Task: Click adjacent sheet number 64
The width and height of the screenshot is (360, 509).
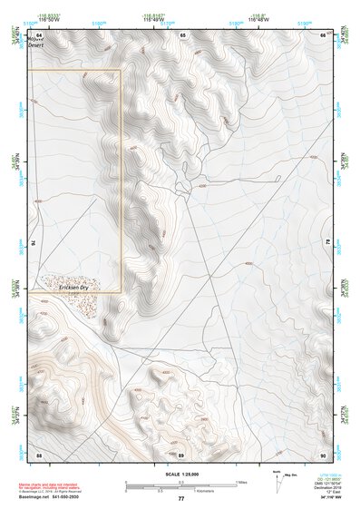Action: point(39,34)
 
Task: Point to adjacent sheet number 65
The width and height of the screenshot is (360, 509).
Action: point(181,34)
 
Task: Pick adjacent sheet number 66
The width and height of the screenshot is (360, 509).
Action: point(323,34)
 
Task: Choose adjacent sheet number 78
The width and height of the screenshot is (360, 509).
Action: point(327,243)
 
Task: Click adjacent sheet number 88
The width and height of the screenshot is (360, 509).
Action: point(39,455)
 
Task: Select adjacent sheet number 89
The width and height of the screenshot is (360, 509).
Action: point(181,455)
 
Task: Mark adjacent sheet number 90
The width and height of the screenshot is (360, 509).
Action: point(323,455)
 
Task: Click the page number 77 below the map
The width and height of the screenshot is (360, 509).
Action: point(180,498)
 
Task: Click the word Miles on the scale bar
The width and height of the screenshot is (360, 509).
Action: point(240,482)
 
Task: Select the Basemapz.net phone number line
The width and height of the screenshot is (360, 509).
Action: point(51,498)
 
